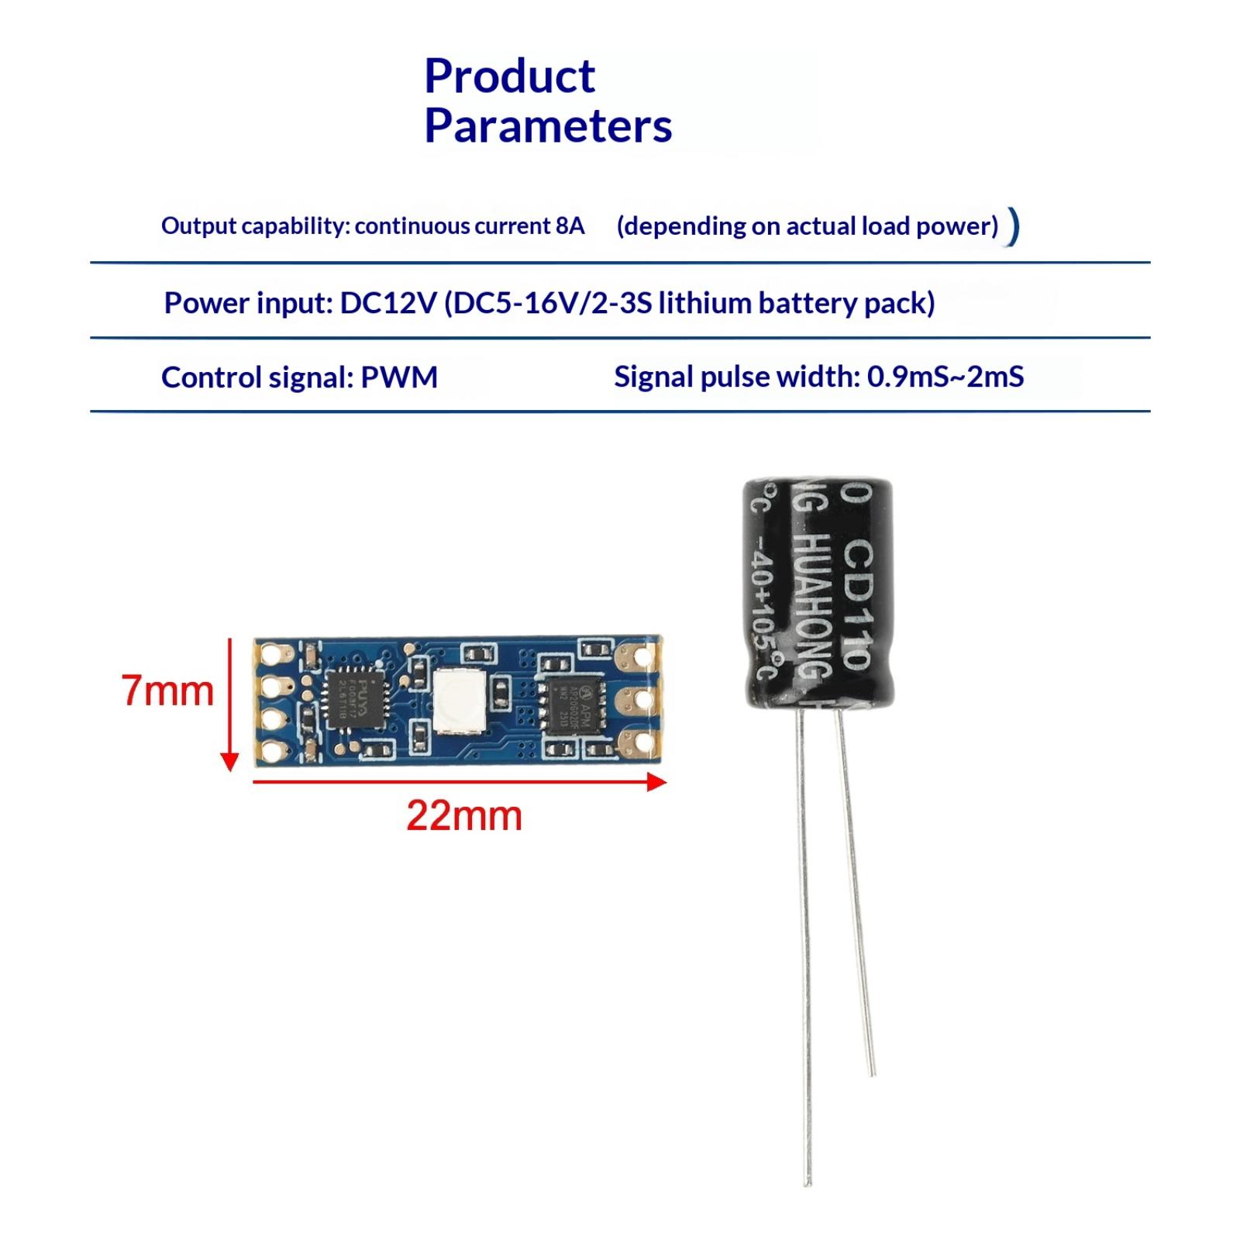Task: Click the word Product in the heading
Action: point(509,76)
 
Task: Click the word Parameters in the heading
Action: point(548,126)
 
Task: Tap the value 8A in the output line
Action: point(570,226)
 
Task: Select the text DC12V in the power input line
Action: point(388,302)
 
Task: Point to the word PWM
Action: point(399,377)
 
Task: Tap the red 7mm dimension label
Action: point(167,691)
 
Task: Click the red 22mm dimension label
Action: point(464,816)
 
